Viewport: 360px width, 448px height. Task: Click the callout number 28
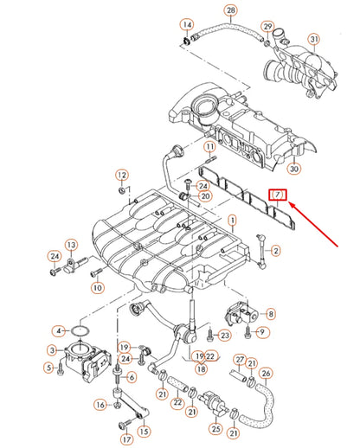tap(229, 10)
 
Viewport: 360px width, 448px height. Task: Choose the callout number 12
tap(121, 175)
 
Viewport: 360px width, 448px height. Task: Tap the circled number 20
tap(204, 196)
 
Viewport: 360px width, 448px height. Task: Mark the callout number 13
tap(70, 245)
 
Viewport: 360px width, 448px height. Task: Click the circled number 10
tap(96, 287)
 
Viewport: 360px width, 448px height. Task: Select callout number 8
tap(271, 314)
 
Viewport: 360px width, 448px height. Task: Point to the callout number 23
tap(224, 336)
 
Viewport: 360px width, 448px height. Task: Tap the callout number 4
tap(58, 330)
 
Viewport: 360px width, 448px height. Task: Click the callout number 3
tap(51, 350)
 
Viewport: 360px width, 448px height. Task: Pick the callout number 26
tap(266, 374)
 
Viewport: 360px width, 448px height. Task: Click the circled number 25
tap(215, 429)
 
